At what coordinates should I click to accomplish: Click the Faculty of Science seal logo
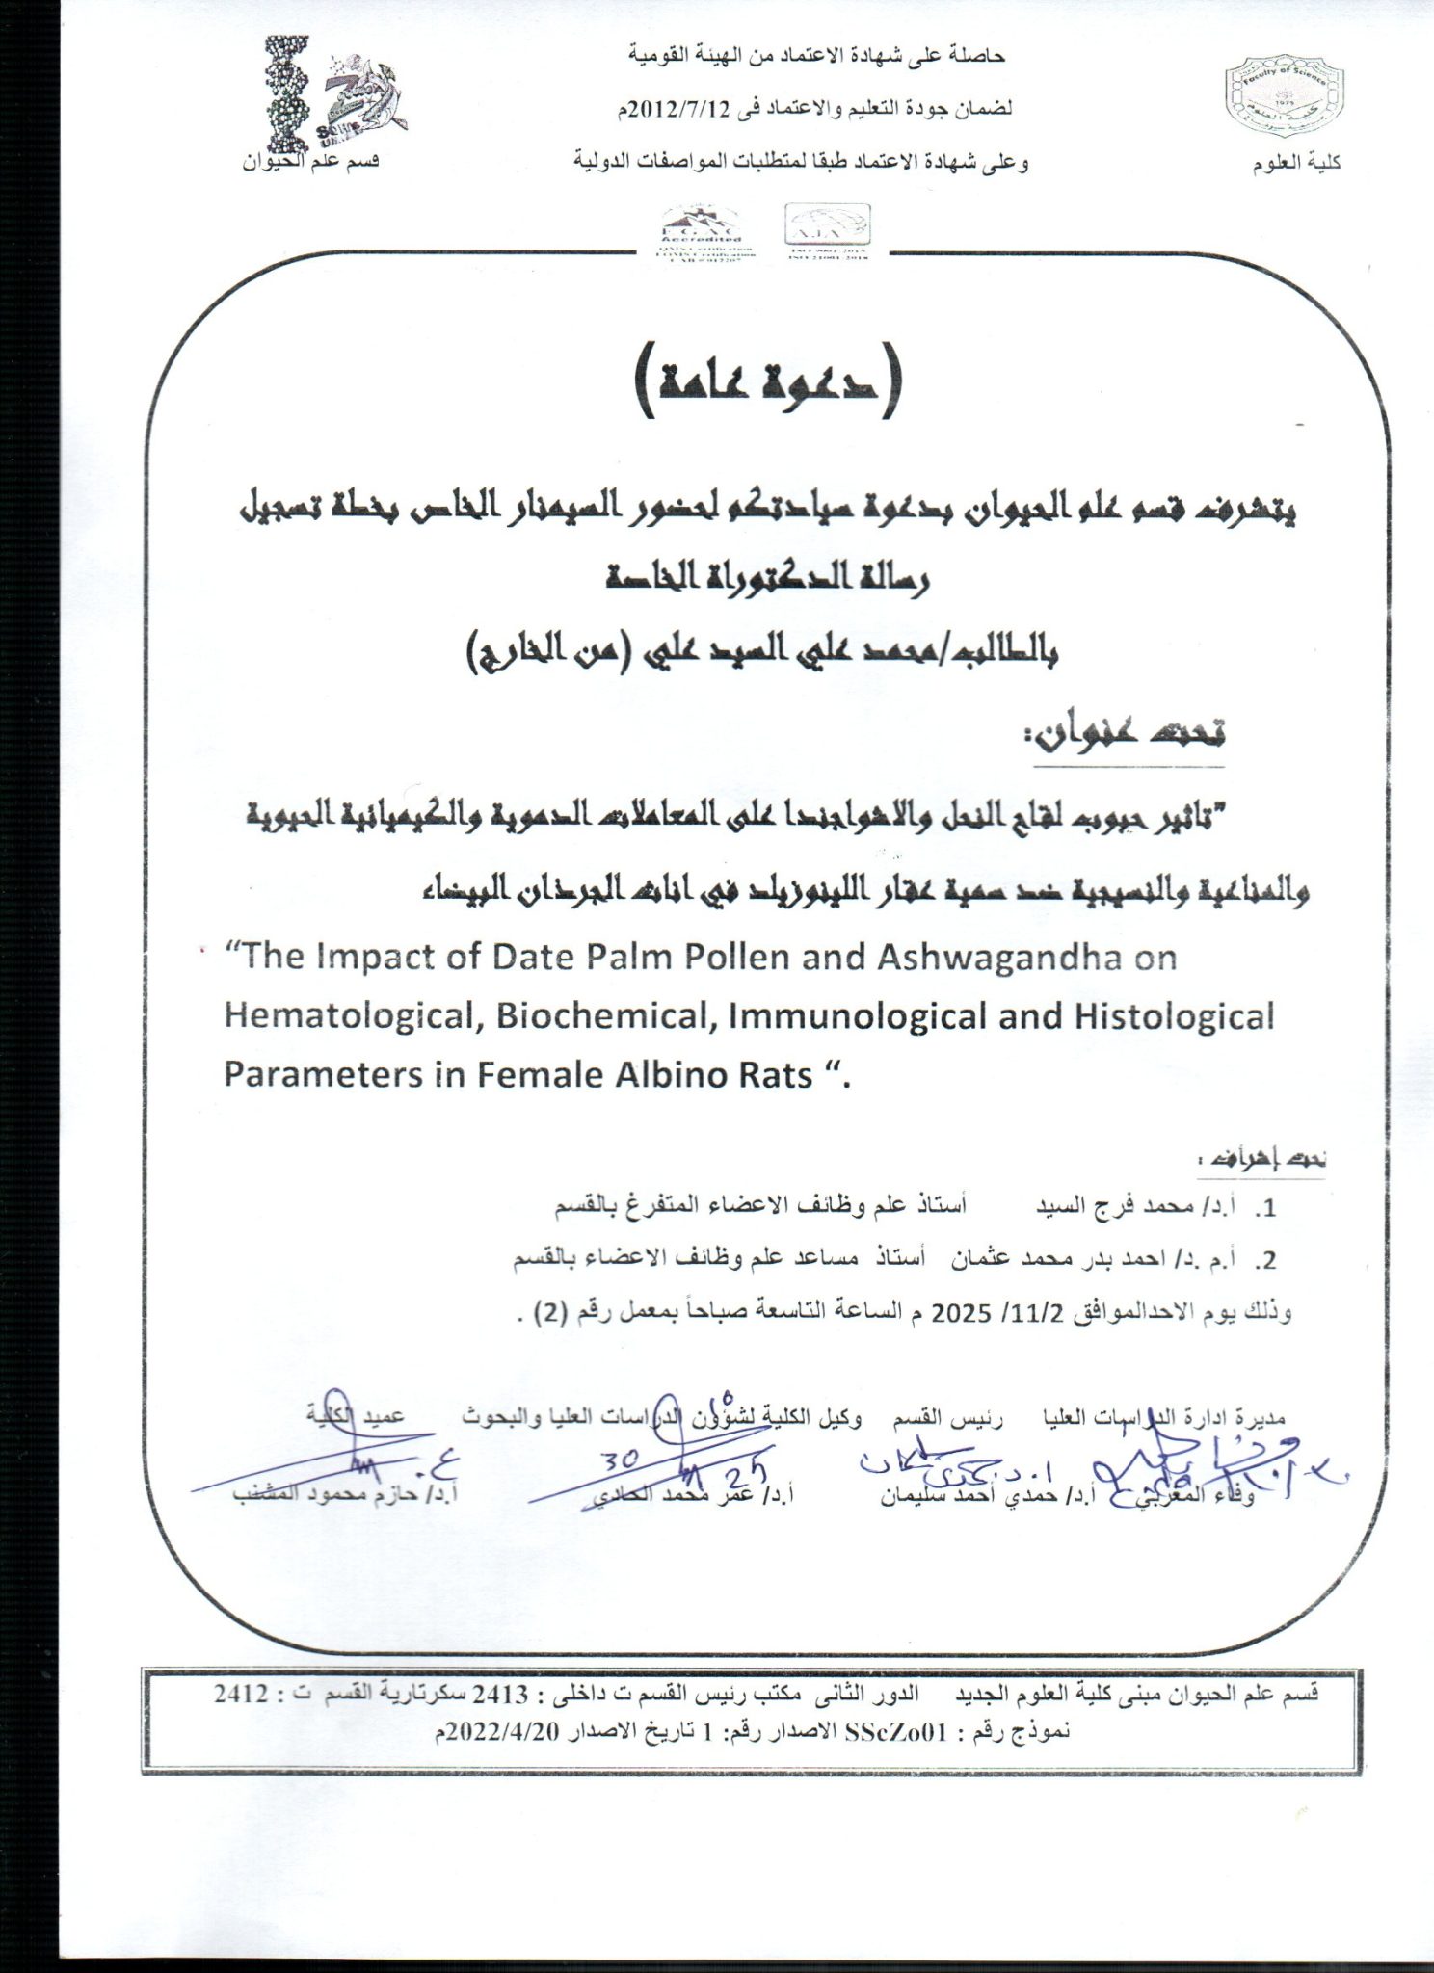[x=1282, y=100]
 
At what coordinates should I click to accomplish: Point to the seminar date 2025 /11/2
[x=973, y=1313]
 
